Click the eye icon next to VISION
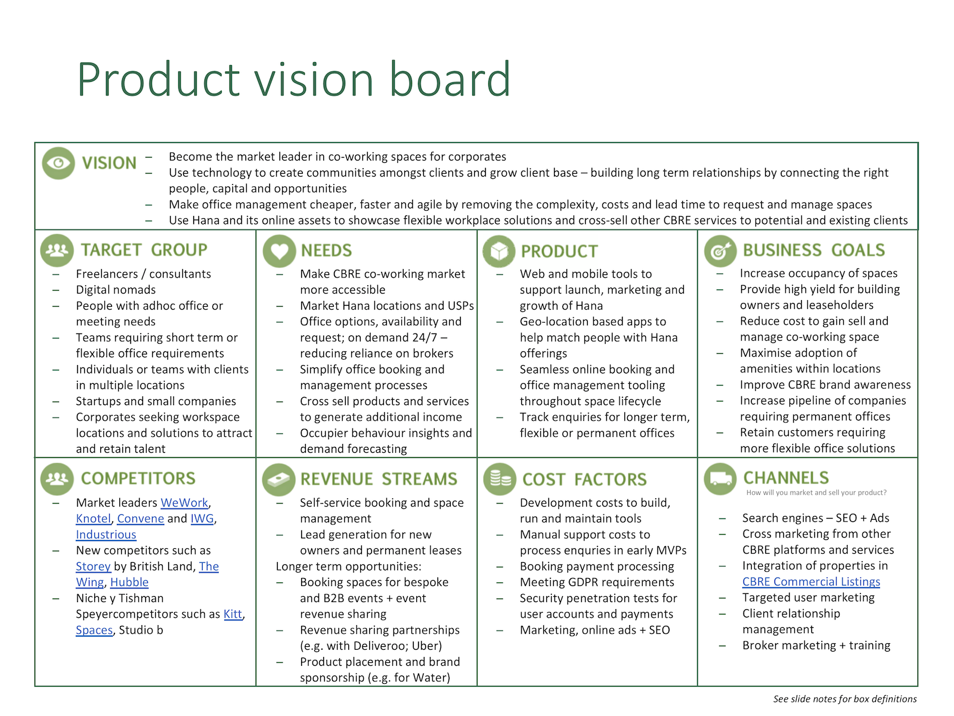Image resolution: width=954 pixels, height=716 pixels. click(x=58, y=163)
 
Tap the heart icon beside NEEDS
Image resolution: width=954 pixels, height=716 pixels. click(x=279, y=251)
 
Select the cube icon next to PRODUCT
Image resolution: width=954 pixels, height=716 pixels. click(x=499, y=251)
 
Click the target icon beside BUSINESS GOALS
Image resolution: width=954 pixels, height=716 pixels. click(x=720, y=251)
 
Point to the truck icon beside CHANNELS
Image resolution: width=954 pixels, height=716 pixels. click(x=720, y=479)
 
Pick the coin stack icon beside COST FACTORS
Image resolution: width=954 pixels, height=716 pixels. click(x=500, y=479)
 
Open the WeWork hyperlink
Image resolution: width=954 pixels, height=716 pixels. click(x=184, y=502)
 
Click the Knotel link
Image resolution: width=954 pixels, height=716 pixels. click(x=94, y=519)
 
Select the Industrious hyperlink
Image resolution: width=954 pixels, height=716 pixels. click(x=106, y=534)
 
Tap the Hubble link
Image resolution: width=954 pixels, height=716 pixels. click(x=129, y=582)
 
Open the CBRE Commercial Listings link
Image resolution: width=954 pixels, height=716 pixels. click(x=811, y=582)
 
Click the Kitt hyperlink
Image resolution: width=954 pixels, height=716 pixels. click(x=233, y=614)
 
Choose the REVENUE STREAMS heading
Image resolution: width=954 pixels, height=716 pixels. click(x=379, y=479)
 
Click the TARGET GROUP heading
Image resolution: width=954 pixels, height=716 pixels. click(x=144, y=250)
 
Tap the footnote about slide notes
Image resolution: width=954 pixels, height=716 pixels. click(x=844, y=699)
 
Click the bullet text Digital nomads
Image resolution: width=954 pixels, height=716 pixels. click(x=116, y=289)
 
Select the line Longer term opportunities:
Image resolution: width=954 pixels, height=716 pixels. click(x=349, y=566)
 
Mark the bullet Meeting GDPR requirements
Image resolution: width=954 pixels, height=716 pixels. click(x=597, y=582)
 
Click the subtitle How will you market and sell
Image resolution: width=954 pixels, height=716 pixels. click(x=816, y=493)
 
